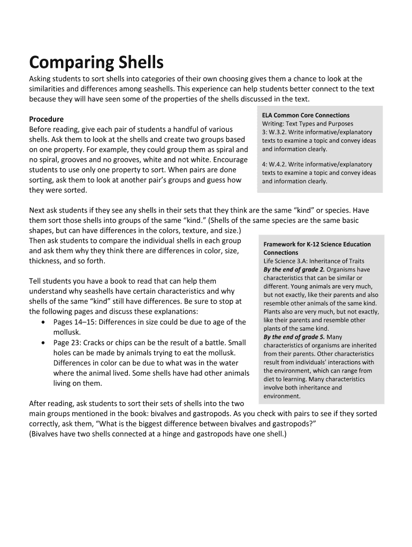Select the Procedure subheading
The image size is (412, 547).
[x=46, y=119]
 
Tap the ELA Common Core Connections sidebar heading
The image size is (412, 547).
[x=306, y=115]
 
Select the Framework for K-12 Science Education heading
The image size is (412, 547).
[x=317, y=244]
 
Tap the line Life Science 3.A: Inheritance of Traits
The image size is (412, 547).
[x=314, y=261]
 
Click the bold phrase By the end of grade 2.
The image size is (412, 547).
[x=294, y=269]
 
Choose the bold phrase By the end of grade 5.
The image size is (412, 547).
[x=294, y=337]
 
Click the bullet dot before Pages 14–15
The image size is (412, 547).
[x=43, y=322]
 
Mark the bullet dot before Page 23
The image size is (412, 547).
[x=43, y=342]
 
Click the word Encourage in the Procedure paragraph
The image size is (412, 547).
[x=230, y=160]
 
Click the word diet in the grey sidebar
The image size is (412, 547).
[x=269, y=379]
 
